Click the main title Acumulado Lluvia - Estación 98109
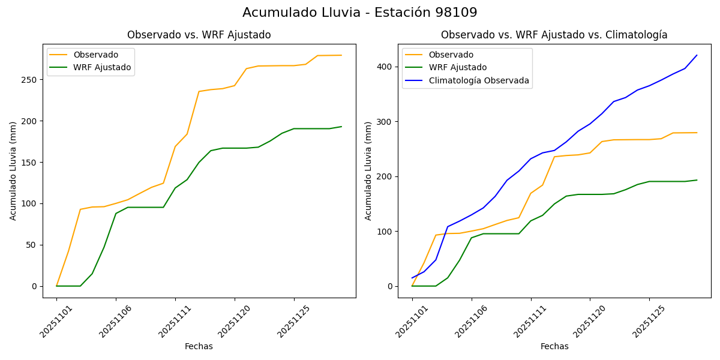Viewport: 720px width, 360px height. point(360,13)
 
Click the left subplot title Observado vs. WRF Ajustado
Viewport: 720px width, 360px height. point(199,35)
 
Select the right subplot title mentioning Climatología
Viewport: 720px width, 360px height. point(554,35)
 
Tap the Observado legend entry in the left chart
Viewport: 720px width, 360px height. point(96,55)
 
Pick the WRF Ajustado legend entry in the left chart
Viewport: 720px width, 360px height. point(102,67)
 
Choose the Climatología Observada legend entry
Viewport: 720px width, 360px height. point(479,80)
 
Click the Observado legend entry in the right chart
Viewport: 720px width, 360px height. point(451,55)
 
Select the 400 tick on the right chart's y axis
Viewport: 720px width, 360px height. point(385,67)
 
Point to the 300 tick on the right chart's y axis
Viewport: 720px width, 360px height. point(385,122)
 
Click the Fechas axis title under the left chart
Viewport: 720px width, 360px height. point(199,347)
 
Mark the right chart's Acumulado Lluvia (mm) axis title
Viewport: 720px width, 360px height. point(368,170)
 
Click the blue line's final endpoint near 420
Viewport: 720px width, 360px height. point(697,55)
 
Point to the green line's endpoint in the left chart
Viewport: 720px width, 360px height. point(341,127)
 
